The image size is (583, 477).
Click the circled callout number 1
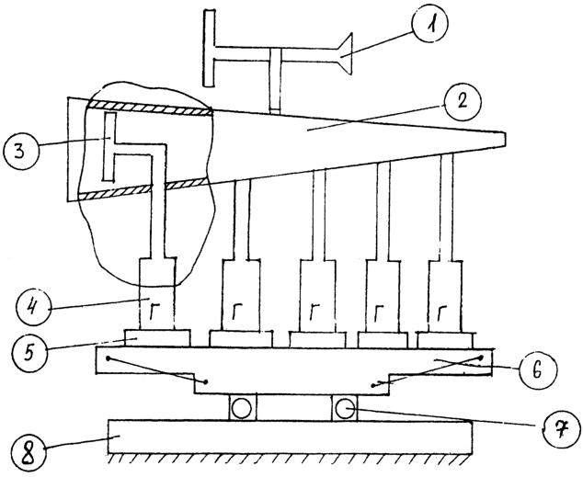(x=430, y=23)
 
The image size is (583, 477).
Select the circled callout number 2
(x=462, y=102)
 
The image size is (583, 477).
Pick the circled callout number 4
(x=34, y=308)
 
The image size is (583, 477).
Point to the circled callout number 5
(x=29, y=350)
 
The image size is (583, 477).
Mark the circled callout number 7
(x=562, y=430)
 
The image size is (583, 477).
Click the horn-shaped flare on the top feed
(x=344, y=54)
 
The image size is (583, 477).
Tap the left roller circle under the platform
(x=241, y=408)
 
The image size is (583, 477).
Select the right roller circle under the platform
(x=344, y=407)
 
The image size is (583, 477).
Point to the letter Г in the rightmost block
(x=441, y=312)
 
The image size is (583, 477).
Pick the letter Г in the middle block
(x=314, y=312)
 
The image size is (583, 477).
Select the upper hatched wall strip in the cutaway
(x=150, y=107)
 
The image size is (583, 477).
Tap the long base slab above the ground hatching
(x=290, y=437)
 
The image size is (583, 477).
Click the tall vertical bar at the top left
(x=210, y=49)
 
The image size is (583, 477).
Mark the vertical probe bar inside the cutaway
(x=109, y=147)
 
